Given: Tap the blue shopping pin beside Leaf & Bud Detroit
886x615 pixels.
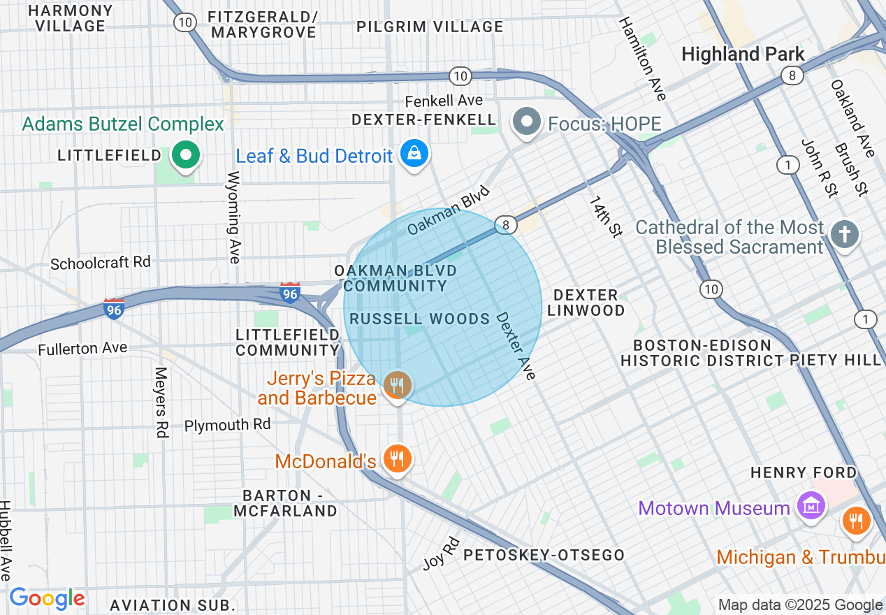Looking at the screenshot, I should [x=414, y=153].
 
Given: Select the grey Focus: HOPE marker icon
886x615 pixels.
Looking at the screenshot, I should [x=528, y=122].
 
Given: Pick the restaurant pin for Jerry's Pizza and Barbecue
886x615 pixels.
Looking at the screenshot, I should [x=397, y=385].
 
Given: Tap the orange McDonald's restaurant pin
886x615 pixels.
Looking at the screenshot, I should [x=397, y=459].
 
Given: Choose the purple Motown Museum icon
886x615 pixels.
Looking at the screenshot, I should [x=812, y=506].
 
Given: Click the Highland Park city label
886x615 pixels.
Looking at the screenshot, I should [x=743, y=54].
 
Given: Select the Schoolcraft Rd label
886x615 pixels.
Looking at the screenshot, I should [x=101, y=263].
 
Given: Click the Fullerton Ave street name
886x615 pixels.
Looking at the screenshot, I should [x=82, y=348].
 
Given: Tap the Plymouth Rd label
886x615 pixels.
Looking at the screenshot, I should [x=227, y=425].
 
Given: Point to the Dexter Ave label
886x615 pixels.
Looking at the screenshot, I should [x=516, y=346].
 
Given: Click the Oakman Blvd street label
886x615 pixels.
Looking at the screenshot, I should [x=449, y=210].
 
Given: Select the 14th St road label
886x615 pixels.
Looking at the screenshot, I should [x=604, y=216].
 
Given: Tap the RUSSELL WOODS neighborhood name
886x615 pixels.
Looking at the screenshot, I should [x=419, y=319].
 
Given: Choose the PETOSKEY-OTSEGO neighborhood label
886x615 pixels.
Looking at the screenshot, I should [x=544, y=555].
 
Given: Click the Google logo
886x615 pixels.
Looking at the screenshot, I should [x=47, y=598].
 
